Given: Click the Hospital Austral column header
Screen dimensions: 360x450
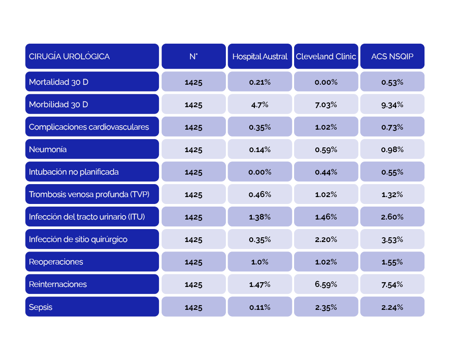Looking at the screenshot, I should point(260,56).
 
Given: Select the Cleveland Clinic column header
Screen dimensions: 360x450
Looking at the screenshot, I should point(326,56).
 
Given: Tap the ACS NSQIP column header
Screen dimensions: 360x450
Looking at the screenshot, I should point(392,56).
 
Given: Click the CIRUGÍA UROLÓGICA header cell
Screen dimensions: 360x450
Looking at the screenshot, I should point(92,56).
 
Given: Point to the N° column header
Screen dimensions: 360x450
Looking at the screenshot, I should point(193,56).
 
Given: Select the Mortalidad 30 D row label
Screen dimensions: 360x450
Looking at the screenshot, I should point(92,82).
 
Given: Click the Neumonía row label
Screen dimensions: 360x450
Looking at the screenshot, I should point(92,149).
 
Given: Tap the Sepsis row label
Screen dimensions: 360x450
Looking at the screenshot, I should point(92,307).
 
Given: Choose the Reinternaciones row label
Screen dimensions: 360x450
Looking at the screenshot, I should point(92,284).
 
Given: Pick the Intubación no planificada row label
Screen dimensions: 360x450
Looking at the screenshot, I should point(92,172).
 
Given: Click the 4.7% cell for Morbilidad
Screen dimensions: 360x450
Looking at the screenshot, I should point(260,104).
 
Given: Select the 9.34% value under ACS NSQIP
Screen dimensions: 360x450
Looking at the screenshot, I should point(392,104).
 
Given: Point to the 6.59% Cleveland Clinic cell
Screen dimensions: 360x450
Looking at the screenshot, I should point(326,284).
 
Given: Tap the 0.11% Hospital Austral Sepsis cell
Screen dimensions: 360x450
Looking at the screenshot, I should point(260,307).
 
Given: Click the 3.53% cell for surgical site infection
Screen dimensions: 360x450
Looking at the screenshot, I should point(392,239).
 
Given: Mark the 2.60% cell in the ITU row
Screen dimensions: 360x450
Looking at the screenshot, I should point(392,217).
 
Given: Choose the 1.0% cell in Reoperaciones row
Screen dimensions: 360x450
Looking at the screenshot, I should point(260,262).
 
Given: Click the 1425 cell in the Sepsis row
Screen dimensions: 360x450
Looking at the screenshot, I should point(193,307).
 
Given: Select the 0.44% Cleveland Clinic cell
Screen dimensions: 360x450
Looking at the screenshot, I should point(326,172).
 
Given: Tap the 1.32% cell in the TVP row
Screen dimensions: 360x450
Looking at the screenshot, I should point(392,194).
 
